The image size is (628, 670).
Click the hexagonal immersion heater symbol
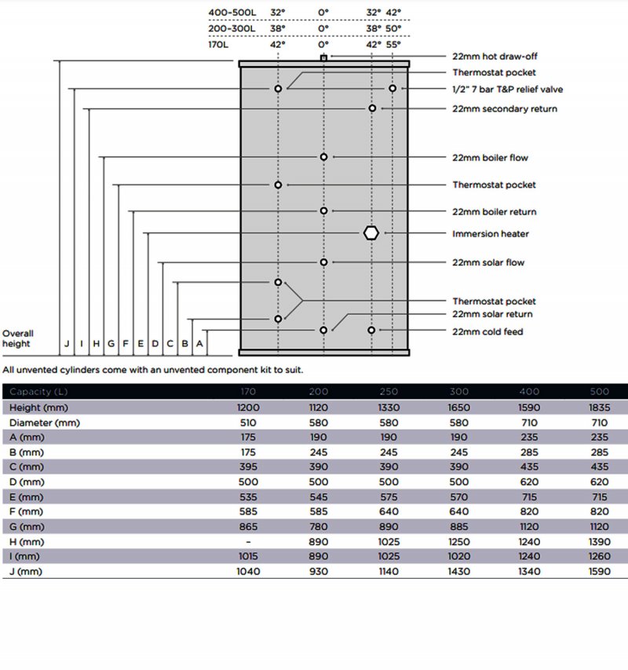[371, 233]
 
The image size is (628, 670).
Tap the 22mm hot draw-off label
[495, 57]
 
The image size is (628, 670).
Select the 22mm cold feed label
[487, 331]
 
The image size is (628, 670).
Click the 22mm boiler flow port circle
[323, 157]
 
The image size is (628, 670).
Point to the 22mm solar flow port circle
[323, 262]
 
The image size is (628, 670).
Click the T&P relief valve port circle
[392, 89]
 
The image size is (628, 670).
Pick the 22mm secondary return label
[505, 108]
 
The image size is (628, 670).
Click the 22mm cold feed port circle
[371, 330]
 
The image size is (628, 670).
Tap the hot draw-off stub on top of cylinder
[323, 58]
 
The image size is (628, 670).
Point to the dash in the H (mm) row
[248, 542]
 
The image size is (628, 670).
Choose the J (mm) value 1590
[598, 572]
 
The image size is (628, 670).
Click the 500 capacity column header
[598, 391]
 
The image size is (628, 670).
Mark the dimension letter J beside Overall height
[67, 343]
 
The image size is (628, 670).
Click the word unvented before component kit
[182, 369]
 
